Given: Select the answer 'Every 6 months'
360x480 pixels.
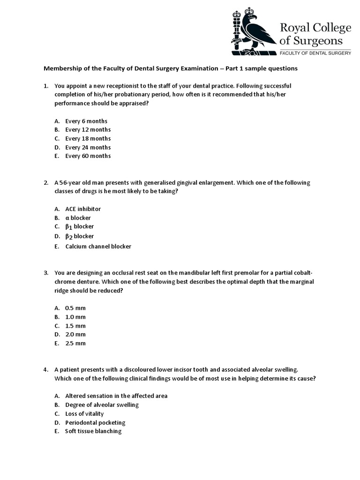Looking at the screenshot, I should [x=86, y=121].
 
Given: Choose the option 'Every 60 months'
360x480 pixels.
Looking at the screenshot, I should [x=88, y=156].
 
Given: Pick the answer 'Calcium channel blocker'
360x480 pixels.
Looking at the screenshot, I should [x=98, y=246].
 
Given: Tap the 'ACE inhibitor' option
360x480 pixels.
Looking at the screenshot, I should [x=83, y=209].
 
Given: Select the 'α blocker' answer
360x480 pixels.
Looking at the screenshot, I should [x=78, y=218].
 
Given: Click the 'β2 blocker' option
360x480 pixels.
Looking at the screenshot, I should [x=79, y=236].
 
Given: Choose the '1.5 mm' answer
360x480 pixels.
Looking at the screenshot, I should [x=75, y=326].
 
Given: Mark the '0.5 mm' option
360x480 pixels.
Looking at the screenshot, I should [x=75, y=308].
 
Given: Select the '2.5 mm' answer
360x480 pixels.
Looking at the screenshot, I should [x=75, y=343].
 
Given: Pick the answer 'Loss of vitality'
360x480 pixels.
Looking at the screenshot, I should [x=84, y=414].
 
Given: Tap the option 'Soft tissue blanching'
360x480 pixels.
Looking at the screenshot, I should [x=93, y=431].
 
